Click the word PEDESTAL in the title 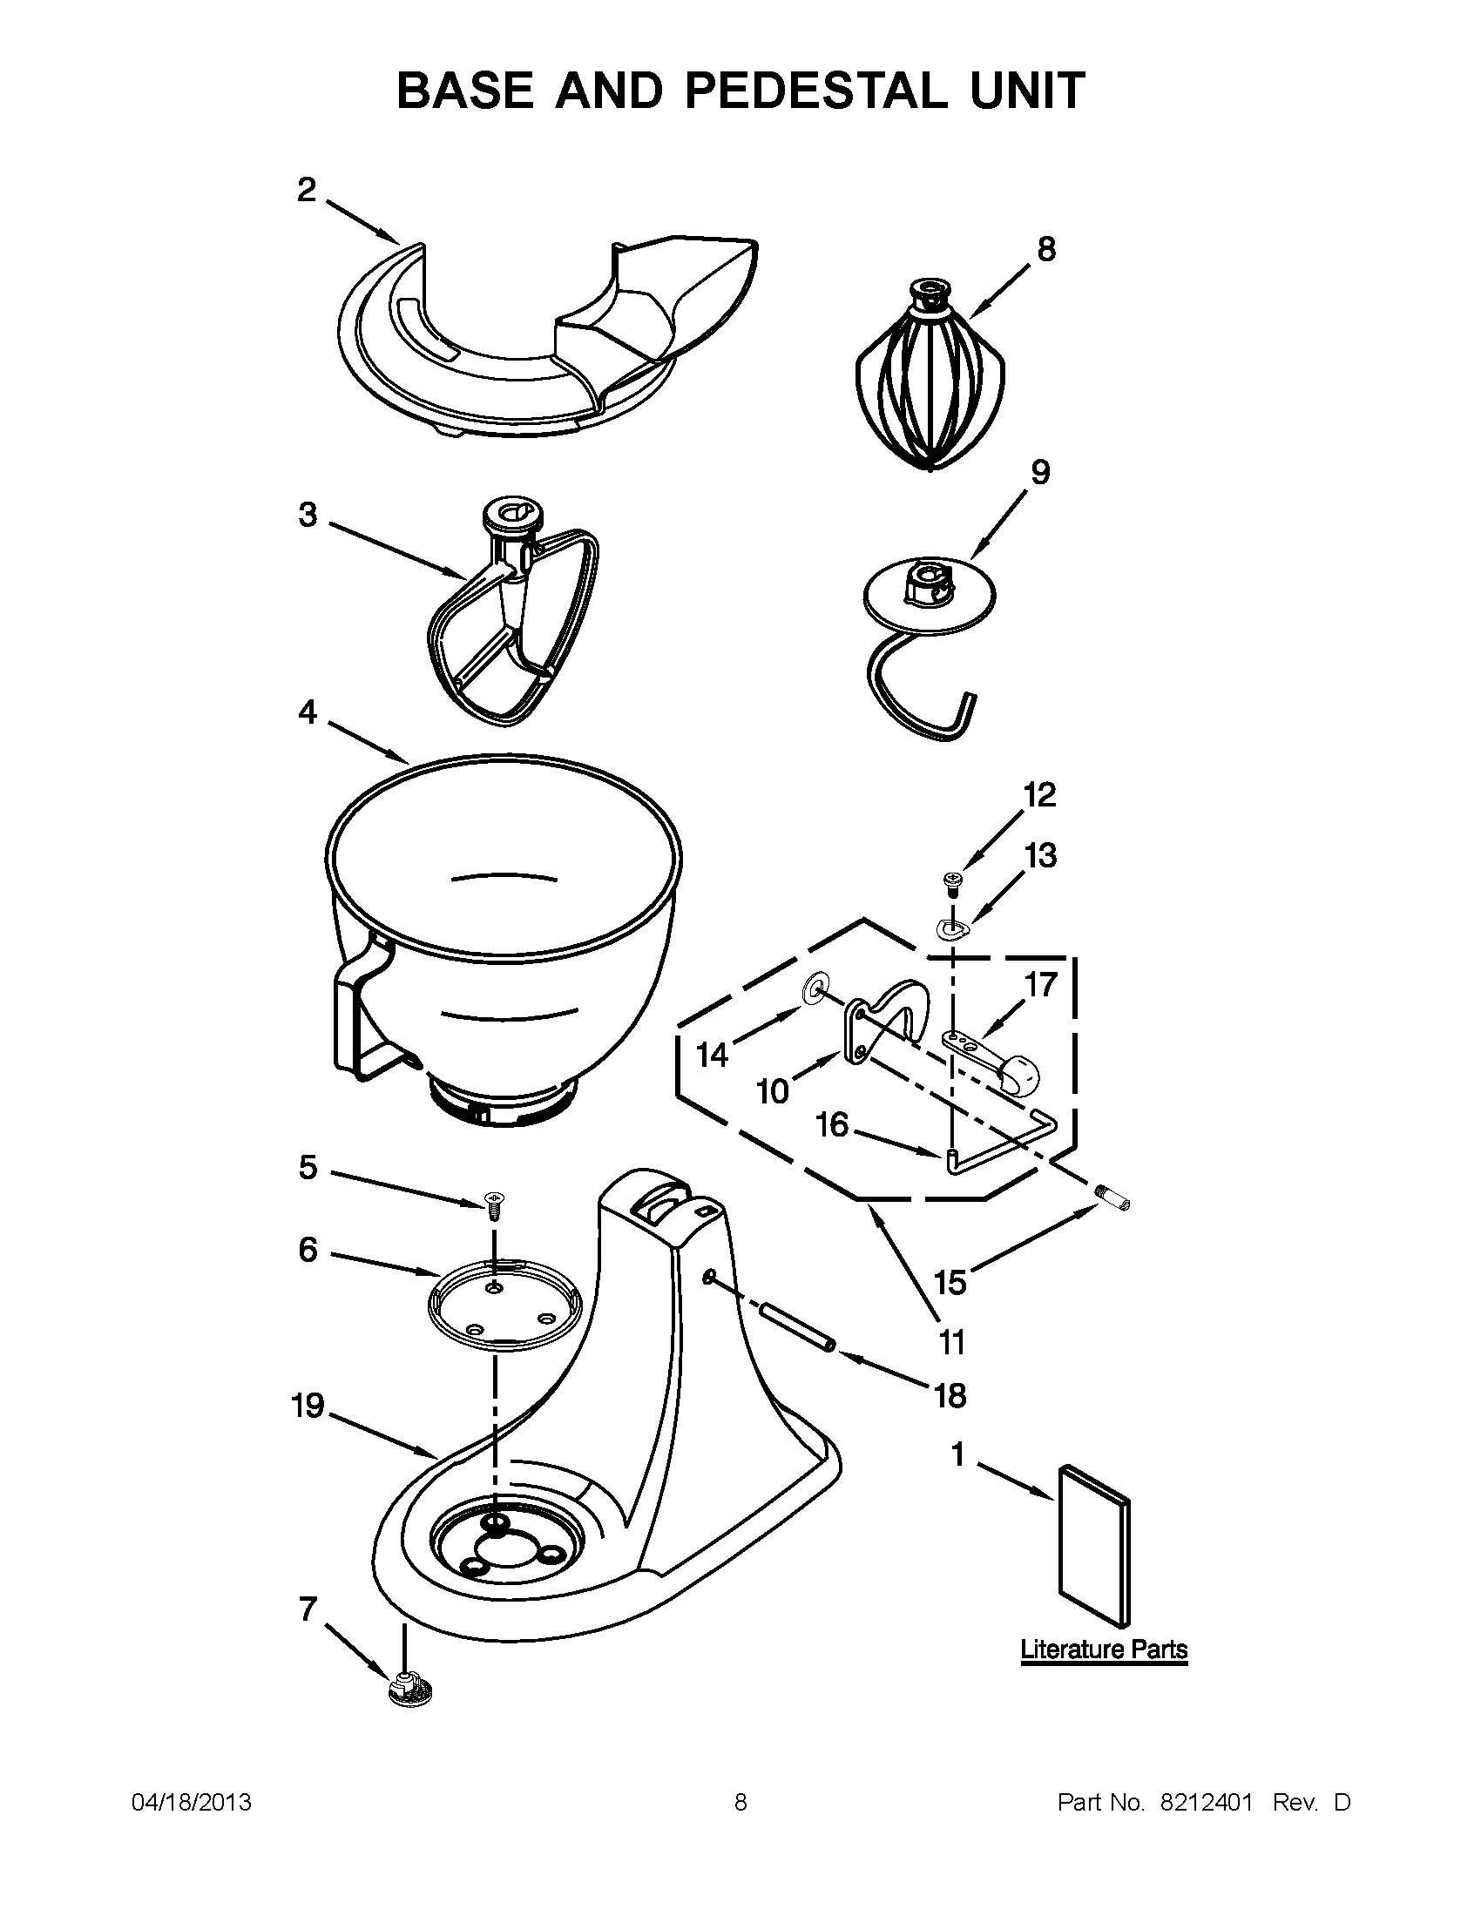point(815,91)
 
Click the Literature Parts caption point(1103,1650)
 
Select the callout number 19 point(308,1407)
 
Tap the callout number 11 point(951,1342)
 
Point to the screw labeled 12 point(951,879)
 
